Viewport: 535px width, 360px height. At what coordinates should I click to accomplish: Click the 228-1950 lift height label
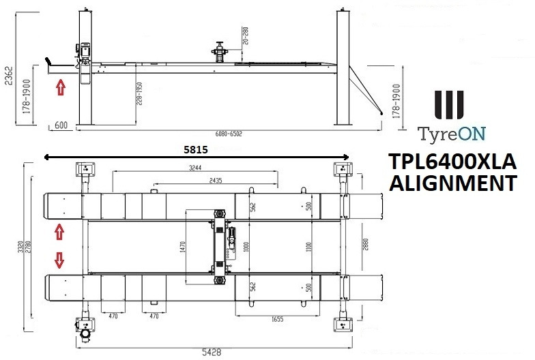coord(139,94)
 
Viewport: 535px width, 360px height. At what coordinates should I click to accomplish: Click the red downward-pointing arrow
coord(59,260)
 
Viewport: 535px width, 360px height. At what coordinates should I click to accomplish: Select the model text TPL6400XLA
coord(452,164)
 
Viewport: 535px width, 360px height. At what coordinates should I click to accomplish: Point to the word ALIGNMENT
coord(451,183)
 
